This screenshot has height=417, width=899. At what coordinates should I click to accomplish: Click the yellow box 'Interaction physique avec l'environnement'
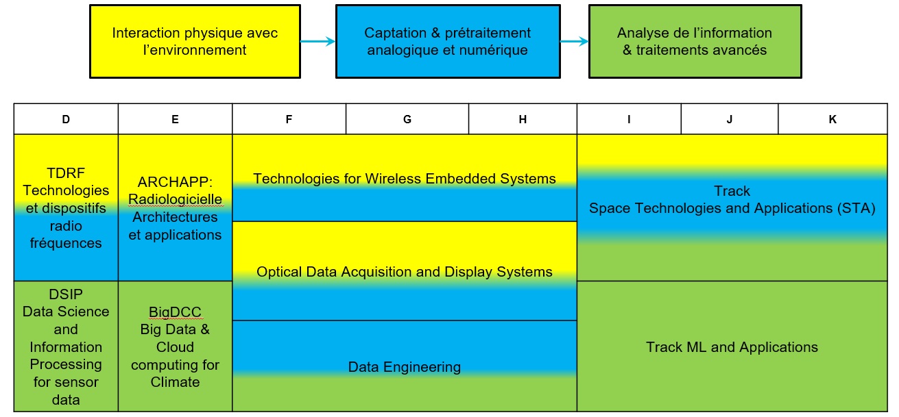pyautogui.click(x=195, y=41)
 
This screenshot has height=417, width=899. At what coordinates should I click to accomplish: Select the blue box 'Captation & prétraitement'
pyautogui.click(x=447, y=41)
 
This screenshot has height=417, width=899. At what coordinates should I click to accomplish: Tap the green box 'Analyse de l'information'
pyautogui.click(x=695, y=41)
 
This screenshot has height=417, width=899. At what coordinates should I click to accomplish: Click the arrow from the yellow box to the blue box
pyautogui.click(x=318, y=42)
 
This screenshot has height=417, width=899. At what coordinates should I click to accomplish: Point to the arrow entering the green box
pyautogui.click(x=574, y=42)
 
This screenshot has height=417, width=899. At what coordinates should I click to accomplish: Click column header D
pyautogui.click(x=66, y=119)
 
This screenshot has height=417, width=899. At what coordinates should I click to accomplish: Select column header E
pyautogui.click(x=175, y=119)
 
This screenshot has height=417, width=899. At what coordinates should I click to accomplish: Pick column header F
pyautogui.click(x=289, y=119)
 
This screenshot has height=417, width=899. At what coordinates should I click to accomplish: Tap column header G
pyautogui.click(x=407, y=119)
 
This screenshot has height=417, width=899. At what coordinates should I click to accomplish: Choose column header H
pyautogui.click(x=523, y=119)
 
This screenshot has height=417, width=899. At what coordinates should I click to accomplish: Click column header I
pyautogui.click(x=629, y=119)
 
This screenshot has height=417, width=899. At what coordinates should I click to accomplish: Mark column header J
pyautogui.click(x=730, y=119)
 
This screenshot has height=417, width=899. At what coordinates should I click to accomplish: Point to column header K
pyautogui.click(x=832, y=119)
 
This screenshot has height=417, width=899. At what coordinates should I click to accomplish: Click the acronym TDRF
pyautogui.click(x=66, y=173)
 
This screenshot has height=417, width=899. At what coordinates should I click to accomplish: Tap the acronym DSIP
pyautogui.click(x=66, y=294)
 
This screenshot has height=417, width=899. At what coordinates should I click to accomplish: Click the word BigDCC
pyautogui.click(x=175, y=312)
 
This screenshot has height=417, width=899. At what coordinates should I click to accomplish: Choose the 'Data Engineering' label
pyautogui.click(x=405, y=367)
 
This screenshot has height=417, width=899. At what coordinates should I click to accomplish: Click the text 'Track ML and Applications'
pyautogui.click(x=732, y=347)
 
